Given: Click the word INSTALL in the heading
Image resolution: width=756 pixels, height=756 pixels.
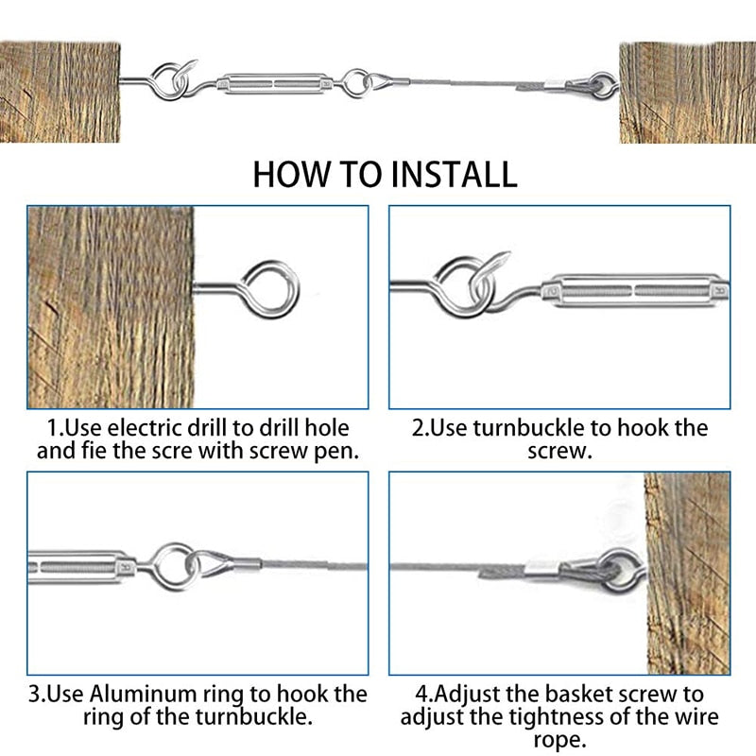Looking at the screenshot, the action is click(454, 174).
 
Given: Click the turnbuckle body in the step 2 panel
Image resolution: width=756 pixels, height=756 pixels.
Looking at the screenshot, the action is click(635, 291).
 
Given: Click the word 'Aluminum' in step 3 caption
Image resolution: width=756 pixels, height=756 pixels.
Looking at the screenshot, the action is click(143, 694).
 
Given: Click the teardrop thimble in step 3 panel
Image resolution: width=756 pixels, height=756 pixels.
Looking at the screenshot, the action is click(210, 564).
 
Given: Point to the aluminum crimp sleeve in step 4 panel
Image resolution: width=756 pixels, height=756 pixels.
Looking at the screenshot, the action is click(541, 569).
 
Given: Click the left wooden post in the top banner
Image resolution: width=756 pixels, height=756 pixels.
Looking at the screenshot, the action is click(60, 92).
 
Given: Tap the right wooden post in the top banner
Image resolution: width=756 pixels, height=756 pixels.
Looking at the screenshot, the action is click(688, 93).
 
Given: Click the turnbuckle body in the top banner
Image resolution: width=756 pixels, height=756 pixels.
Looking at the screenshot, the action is click(274, 83).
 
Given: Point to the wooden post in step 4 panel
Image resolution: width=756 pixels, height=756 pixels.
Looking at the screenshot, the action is click(687, 574).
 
